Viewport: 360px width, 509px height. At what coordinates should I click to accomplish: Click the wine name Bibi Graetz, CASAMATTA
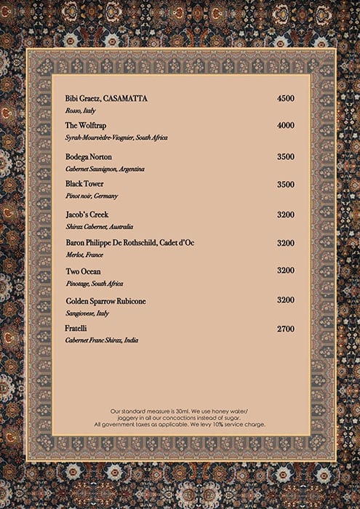(x=105, y=98)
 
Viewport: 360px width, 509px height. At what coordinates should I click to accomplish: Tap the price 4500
(x=286, y=98)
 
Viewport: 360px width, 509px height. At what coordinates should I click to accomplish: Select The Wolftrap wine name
(x=86, y=126)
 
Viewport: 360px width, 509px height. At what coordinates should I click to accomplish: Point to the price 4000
(x=286, y=126)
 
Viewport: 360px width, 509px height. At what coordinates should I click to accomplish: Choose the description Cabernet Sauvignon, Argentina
(x=105, y=169)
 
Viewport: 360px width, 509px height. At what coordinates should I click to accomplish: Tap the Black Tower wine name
(x=84, y=184)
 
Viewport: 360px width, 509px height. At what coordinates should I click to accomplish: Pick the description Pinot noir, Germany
(x=92, y=196)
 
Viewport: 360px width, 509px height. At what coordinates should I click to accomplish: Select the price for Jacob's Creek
(x=286, y=215)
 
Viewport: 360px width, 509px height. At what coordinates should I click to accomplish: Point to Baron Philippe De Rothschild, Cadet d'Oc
(x=129, y=242)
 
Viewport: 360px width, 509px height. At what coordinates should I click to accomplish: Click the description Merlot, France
(x=84, y=254)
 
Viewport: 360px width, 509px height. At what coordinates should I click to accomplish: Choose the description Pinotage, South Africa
(x=95, y=283)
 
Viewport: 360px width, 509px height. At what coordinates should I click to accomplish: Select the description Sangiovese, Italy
(x=87, y=313)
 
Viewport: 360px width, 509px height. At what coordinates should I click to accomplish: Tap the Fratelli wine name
(x=76, y=329)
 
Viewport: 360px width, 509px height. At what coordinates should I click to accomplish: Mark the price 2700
(x=286, y=329)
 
